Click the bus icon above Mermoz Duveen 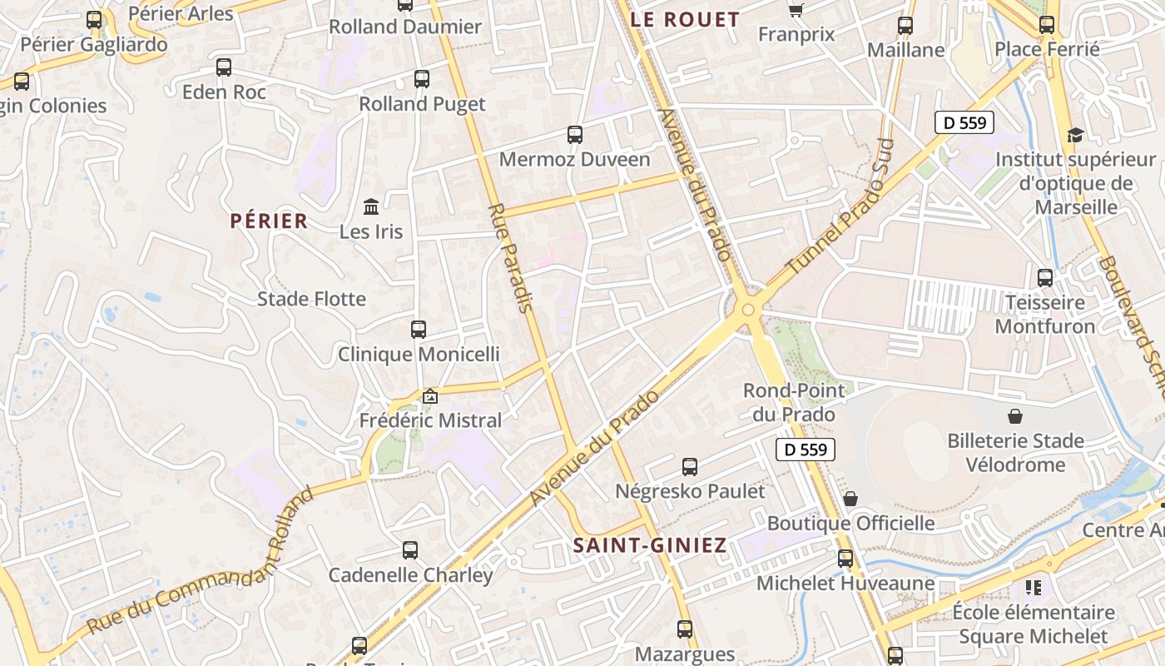[574, 134]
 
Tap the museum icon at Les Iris [371, 206]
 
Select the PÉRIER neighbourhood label [269, 221]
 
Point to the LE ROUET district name [686, 20]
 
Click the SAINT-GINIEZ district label [650, 546]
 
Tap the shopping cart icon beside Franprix [796, 10]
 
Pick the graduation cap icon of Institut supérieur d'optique [1075, 135]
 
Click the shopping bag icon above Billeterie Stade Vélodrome [1014, 415]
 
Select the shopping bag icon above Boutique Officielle [850, 499]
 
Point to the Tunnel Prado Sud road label [840, 209]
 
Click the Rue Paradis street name [509, 257]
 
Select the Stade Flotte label [311, 299]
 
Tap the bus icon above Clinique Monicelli [419, 330]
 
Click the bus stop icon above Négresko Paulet [690, 467]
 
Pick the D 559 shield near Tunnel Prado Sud [964, 123]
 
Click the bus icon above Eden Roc [224, 67]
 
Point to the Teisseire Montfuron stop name [1044, 314]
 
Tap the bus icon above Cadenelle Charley [410, 550]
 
